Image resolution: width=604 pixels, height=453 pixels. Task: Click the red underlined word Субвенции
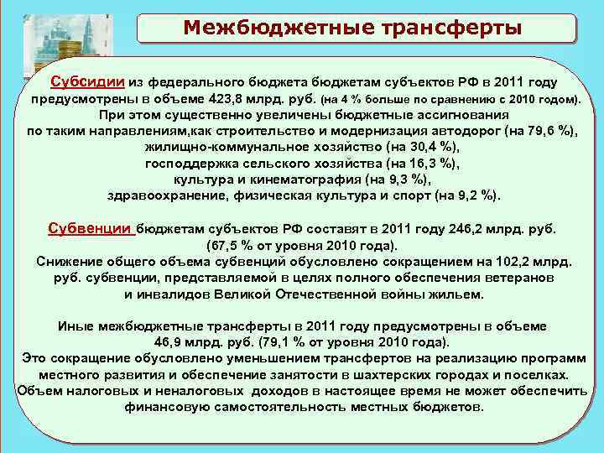91,228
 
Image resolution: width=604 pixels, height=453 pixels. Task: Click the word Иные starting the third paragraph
72,325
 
